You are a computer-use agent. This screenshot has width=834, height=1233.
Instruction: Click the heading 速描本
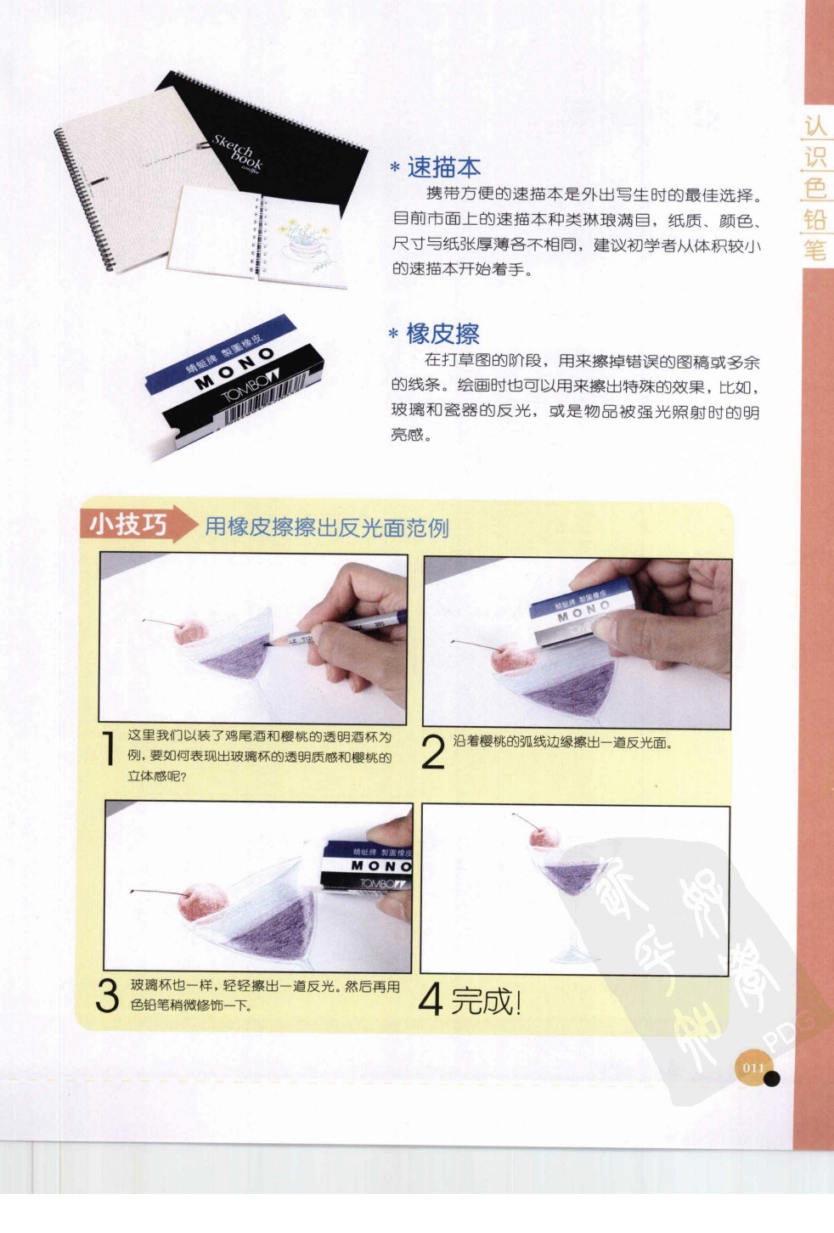pos(443,167)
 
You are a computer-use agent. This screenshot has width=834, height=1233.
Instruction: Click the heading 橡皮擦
pos(442,334)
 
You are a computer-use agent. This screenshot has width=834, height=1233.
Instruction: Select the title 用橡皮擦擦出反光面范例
pos(327,527)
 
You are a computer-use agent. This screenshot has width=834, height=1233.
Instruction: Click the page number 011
pos(753,1067)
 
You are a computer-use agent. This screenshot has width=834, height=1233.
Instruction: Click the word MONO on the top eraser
pos(236,368)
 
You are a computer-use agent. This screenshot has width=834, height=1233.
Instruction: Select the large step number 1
pos(109,749)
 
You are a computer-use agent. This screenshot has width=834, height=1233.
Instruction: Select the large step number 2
pos(433,752)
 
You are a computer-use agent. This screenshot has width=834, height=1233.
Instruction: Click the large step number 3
pos(107,996)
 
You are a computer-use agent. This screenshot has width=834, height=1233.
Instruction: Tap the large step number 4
pos(431,999)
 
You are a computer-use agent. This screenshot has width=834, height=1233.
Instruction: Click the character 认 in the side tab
pos(814,127)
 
